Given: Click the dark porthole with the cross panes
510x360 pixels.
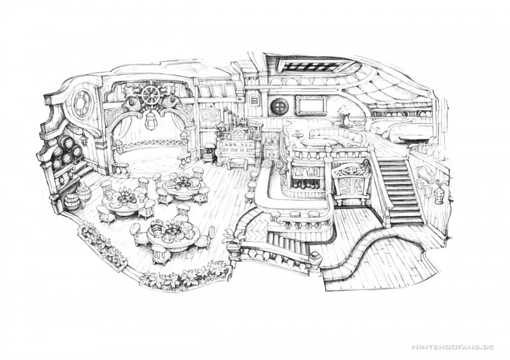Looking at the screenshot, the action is [280, 105].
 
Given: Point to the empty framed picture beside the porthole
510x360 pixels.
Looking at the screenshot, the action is [311, 105].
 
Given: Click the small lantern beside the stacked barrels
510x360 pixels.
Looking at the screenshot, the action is [84, 139].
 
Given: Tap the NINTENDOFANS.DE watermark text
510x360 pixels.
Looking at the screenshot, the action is [453, 347].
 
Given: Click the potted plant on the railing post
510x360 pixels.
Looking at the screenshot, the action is [233, 240].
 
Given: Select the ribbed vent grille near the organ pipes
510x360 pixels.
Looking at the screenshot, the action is [255, 100].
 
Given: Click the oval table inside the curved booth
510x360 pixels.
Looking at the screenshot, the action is [317, 143].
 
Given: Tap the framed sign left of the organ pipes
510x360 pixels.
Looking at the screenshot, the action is [210, 114].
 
